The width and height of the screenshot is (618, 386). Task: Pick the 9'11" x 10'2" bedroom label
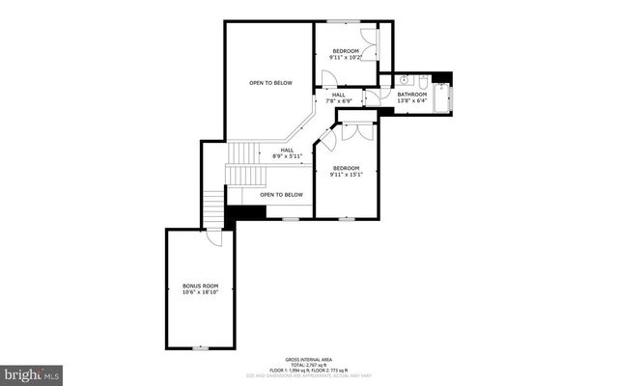(345, 54)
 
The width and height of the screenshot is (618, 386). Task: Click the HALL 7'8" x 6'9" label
(338, 96)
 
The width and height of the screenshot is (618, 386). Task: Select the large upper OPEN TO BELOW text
(270, 83)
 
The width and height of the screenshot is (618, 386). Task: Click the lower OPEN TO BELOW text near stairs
(281, 195)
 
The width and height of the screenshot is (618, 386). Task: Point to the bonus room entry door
(213, 237)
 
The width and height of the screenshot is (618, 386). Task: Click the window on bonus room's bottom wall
(201, 346)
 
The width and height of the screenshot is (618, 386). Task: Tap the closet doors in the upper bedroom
(375, 43)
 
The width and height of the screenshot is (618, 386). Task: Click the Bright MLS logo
(32, 372)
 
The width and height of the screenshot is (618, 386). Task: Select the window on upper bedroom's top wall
(345, 21)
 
